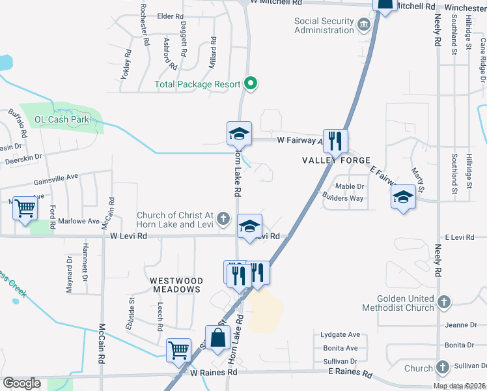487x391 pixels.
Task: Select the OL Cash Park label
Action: coord(61,120)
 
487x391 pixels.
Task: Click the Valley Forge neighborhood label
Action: coord(336,160)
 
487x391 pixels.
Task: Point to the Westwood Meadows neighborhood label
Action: coord(176,285)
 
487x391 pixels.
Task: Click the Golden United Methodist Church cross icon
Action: coord(443,302)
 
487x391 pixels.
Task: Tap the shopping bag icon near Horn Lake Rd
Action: coord(218,338)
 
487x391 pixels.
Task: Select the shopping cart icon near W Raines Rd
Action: coord(178,350)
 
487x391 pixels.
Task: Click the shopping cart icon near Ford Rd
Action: coord(25,209)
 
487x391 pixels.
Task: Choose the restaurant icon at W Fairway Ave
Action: coord(335,140)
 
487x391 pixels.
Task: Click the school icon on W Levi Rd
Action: coord(249,226)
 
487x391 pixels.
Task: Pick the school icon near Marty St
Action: coord(404,196)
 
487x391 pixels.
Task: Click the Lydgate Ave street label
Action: coord(341,334)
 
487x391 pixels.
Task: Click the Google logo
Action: coord(21,383)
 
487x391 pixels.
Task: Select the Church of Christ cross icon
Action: coord(223,218)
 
